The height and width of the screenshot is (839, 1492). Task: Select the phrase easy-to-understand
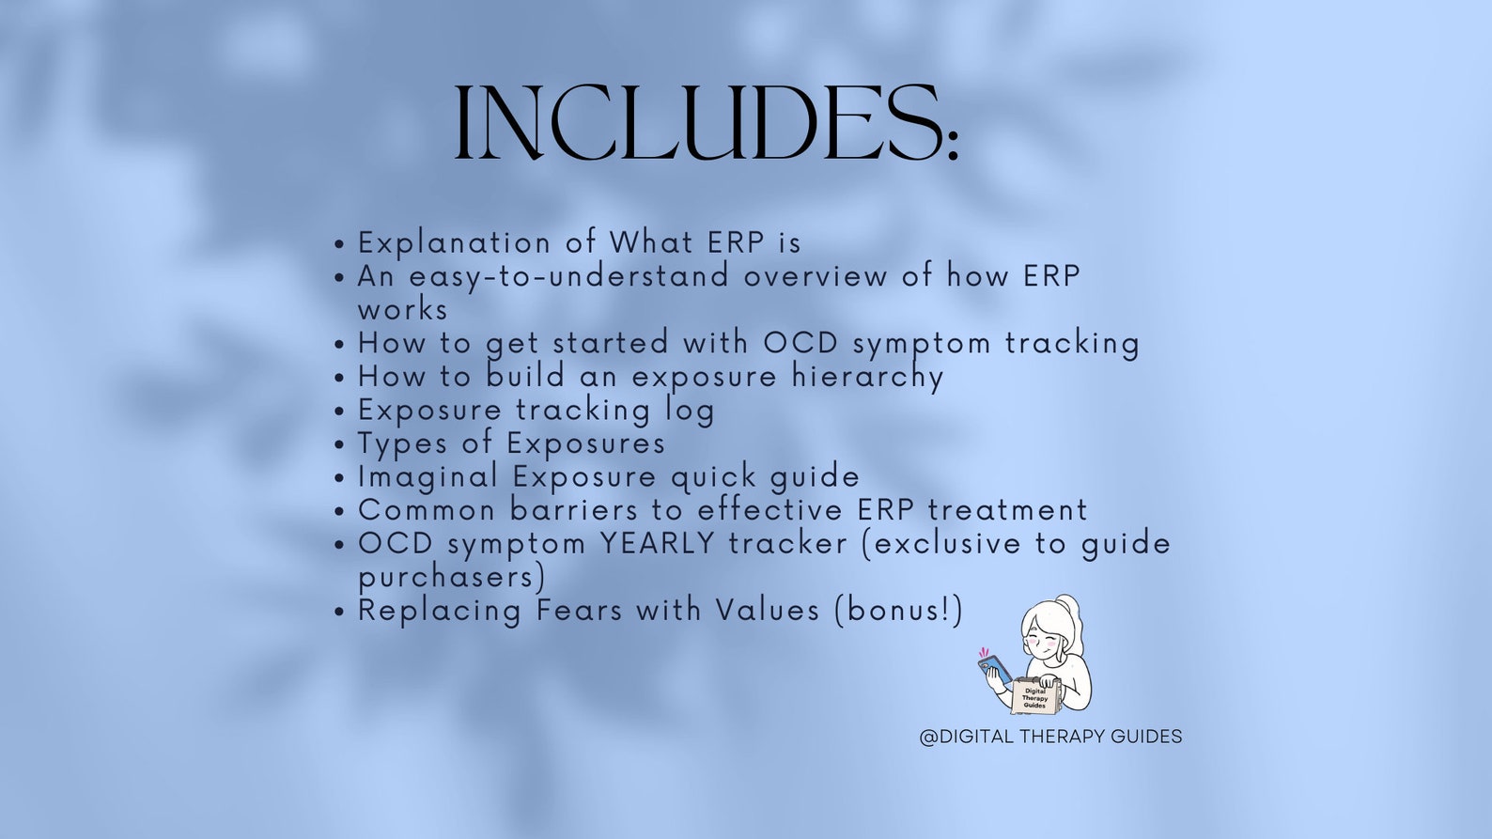coord(568,276)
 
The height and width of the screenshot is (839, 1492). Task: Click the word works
coord(402,310)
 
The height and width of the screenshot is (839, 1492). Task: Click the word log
coord(690,411)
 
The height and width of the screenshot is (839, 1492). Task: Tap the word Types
coord(402,443)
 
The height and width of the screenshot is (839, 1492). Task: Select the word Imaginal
coord(427,477)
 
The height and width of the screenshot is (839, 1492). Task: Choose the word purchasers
coord(451,577)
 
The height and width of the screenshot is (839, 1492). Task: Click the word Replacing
coord(439,611)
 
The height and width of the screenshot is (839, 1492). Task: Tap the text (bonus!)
coord(898,611)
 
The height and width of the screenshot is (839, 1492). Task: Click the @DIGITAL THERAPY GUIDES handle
coord(1050,737)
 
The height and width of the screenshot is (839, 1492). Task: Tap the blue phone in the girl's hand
coord(994,670)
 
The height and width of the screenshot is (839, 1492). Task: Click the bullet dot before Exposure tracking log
coord(340,412)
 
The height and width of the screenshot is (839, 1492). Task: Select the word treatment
coord(1007,510)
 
